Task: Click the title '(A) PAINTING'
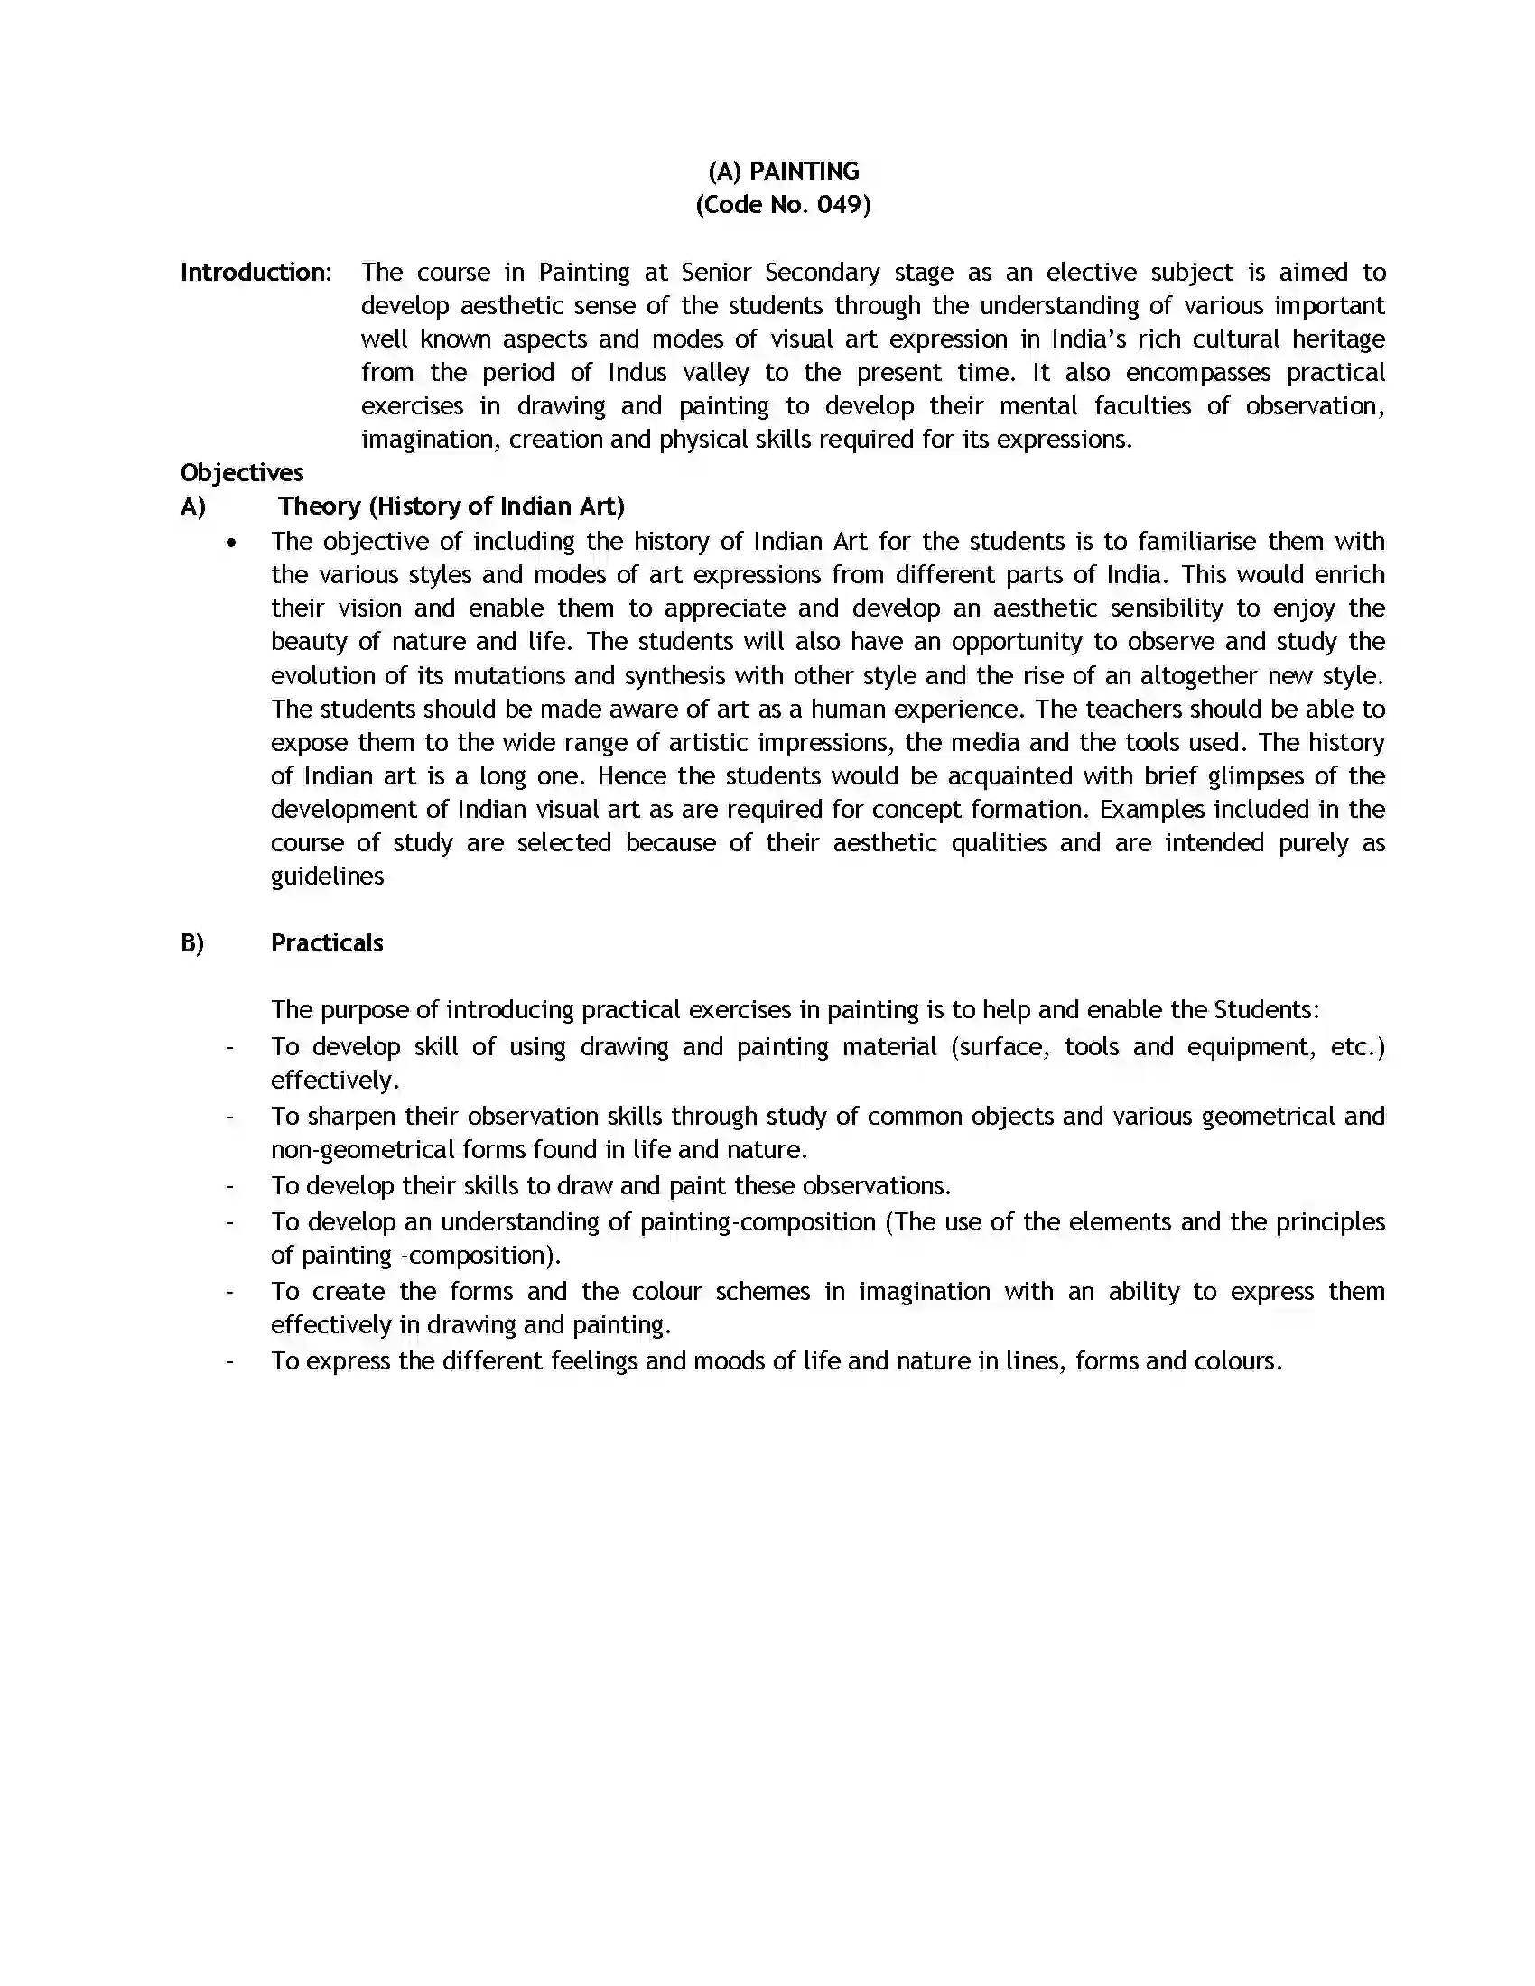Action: coord(783,171)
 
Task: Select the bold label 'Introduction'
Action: coord(254,272)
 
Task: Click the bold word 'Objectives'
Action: coord(242,473)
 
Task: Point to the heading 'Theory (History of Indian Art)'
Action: coord(451,506)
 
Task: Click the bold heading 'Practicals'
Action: coord(327,943)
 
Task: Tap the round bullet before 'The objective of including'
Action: coord(232,543)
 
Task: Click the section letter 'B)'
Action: coord(191,943)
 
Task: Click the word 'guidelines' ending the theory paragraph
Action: coord(328,877)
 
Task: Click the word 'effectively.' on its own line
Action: coord(335,1081)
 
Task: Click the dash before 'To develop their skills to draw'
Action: coord(230,1186)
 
